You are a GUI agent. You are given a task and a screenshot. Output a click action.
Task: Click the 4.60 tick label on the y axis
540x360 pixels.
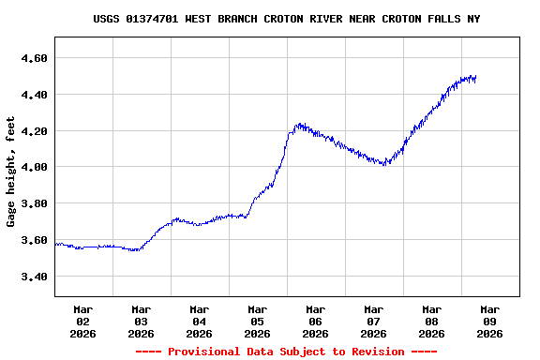click(34, 58)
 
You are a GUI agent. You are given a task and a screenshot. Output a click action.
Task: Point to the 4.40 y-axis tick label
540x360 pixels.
click(34, 95)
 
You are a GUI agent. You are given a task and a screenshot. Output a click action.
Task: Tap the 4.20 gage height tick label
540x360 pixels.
click(34, 131)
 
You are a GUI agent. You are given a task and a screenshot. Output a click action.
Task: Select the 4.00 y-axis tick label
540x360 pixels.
click(34, 167)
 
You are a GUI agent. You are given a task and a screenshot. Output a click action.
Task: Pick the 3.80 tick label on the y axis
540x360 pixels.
click(34, 203)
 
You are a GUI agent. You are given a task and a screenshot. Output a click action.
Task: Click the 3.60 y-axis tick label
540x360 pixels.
click(34, 240)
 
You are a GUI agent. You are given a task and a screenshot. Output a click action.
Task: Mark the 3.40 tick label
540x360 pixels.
click(34, 277)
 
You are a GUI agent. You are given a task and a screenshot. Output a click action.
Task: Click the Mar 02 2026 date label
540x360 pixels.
click(83, 321)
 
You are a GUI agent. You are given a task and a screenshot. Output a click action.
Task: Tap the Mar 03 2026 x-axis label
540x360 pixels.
click(142, 321)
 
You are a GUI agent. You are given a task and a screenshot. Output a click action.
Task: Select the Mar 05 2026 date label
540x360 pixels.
click(258, 321)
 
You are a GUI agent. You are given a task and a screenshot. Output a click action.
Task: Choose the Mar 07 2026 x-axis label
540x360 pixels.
click(374, 321)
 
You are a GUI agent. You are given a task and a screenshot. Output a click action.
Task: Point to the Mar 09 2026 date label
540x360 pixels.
click(490, 321)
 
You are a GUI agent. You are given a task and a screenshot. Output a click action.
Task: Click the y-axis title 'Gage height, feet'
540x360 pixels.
click(11, 172)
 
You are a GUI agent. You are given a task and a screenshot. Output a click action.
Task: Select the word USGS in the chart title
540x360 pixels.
click(107, 19)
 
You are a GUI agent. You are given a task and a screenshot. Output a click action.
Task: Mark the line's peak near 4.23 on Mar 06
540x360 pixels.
click(299, 124)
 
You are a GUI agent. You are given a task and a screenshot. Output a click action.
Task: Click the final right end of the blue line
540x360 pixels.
click(475, 78)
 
